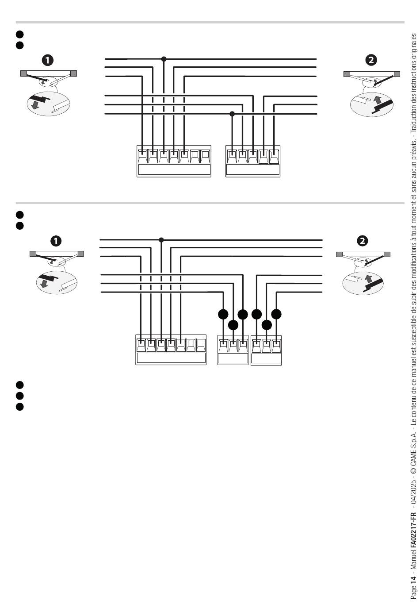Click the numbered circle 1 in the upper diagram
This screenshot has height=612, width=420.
click(47, 60)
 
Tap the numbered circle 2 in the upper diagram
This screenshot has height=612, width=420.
click(371, 60)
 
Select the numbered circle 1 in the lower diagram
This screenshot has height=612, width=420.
click(56, 241)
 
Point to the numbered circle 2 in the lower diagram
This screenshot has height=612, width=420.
click(363, 241)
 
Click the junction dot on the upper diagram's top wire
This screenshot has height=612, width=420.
click(164, 59)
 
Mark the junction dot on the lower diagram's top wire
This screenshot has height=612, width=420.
click(161, 240)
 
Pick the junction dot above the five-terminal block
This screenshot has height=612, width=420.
click(232, 114)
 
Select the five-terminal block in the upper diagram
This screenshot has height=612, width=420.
click(253, 161)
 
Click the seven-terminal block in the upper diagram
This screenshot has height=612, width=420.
click(174, 161)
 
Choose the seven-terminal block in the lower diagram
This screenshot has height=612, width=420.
click(171, 350)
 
